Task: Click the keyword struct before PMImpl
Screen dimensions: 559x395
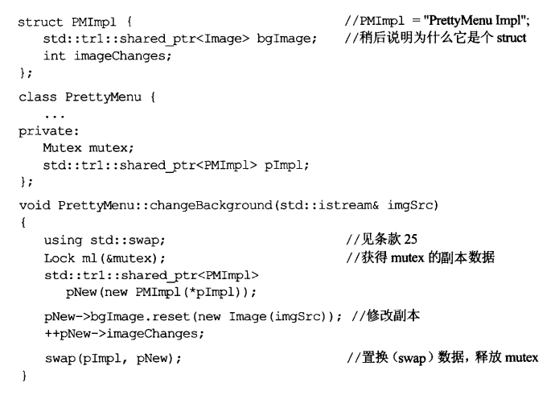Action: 37,21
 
